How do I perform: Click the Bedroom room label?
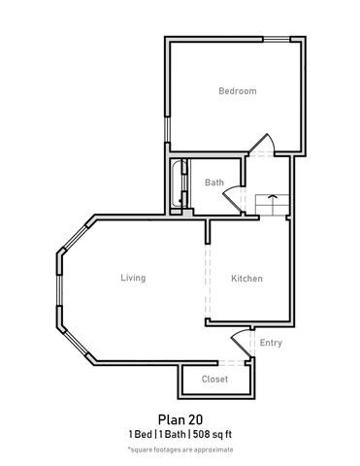click(x=237, y=91)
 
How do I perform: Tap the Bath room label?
click(x=213, y=182)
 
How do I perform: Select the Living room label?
click(x=133, y=278)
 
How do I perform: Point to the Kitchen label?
click(x=246, y=279)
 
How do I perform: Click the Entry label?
click(x=272, y=343)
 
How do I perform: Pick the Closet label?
click(x=214, y=379)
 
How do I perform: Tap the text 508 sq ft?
click(x=213, y=434)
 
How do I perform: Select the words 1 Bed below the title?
click(x=142, y=434)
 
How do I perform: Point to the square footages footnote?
click(x=180, y=449)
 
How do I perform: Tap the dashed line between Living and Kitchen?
click(x=206, y=282)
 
